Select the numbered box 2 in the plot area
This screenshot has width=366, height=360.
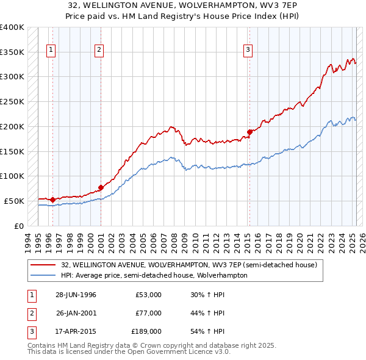coord(99,51)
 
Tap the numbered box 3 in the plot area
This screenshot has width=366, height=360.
coord(249,51)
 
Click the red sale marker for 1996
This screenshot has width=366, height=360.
coord(53,199)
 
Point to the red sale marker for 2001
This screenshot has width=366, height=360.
coord(101,187)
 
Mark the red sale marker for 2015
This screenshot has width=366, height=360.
coord(249,131)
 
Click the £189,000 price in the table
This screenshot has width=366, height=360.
coord(146,331)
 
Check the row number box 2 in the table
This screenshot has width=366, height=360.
coord(31,313)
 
